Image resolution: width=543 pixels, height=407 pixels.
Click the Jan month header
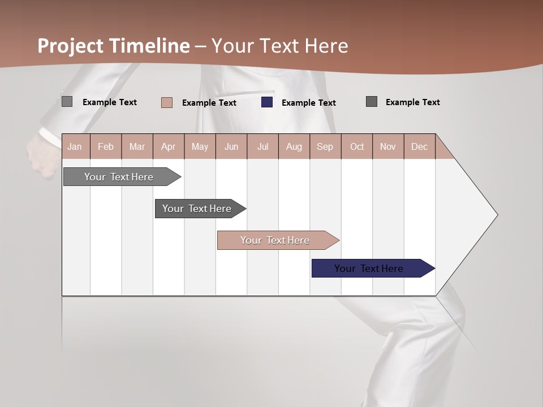point(75,146)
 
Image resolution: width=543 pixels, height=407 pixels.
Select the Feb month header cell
point(106,146)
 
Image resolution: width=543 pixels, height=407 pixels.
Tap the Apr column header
point(169,146)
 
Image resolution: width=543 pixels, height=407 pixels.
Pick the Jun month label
point(231,146)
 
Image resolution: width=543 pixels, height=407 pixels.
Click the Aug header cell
point(294,146)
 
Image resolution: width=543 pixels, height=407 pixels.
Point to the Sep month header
point(325,146)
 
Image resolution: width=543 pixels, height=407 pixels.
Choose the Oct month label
point(357,146)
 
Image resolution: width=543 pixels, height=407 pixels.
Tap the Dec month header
point(420,146)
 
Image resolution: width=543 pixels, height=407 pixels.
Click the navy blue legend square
point(267,102)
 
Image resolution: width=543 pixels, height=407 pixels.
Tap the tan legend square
point(167,102)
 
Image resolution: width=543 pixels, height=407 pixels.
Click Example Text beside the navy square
point(309,103)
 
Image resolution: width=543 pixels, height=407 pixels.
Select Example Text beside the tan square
point(209,103)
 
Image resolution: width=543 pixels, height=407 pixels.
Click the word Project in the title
point(70,46)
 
